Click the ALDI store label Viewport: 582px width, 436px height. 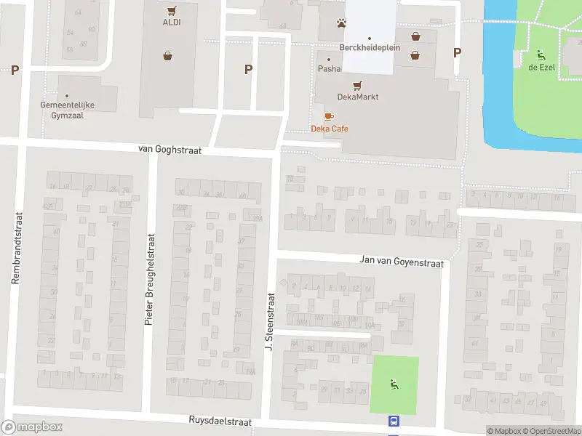172,22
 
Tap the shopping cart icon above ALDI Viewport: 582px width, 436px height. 172,10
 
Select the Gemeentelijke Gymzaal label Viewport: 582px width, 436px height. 68,110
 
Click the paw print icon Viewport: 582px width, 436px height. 341,23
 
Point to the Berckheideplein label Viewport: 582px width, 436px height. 369,47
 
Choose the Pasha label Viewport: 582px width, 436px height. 329,69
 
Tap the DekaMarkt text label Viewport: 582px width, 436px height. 357,97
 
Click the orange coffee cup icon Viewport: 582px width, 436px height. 329,116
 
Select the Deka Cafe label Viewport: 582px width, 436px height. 329,129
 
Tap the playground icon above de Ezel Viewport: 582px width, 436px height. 540,54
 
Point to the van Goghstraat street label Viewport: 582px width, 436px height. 170,149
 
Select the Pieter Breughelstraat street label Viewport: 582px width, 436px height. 149,278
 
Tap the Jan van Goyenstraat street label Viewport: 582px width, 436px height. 402,261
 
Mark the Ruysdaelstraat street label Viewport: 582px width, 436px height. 220,421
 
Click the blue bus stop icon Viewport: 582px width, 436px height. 394,421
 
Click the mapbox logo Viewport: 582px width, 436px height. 32,427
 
